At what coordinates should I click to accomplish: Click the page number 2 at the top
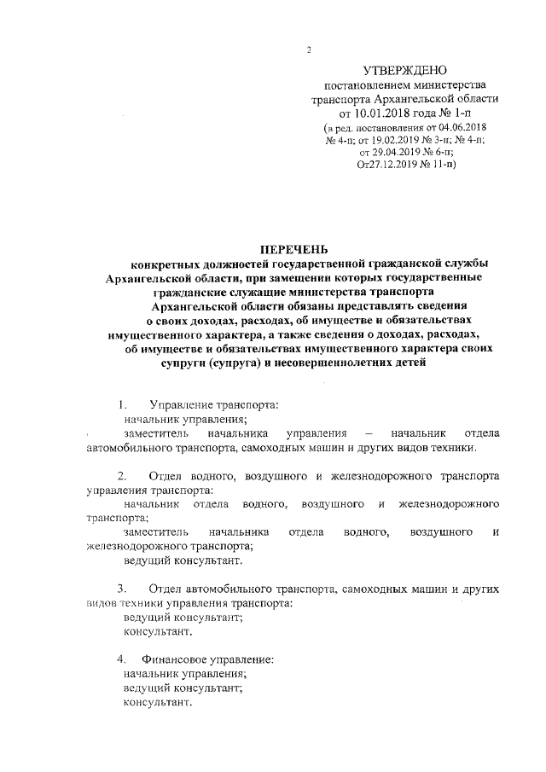309,49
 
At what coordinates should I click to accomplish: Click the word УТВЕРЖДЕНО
404,69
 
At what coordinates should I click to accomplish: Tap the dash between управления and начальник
368,433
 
